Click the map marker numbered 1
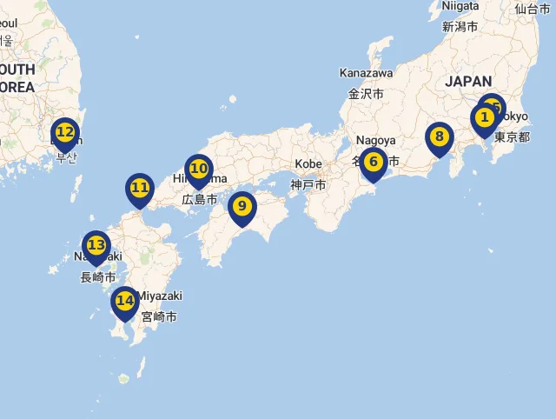click(x=485, y=117)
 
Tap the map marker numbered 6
click(x=374, y=162)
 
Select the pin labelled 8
click(x=440, y=136)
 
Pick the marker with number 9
click(x=242, y=206)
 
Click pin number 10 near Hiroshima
click(x=199, y=169)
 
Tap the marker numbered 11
click(x=140, y=188)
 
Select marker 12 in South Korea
click(x=64, y=132)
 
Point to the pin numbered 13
click(x=96, y=245)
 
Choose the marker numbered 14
click(x=125, y=301)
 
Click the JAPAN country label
click(x=468, y=81)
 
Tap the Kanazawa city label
click(x=366, y=73)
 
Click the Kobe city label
click(x=308, y=163)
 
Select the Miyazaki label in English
click(x=162, y=296)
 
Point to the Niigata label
click(x=460, y=6)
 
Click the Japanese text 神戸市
click(x=308, y=185)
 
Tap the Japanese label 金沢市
click(x=366, y=94)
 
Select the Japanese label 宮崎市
click(x=159, y=317)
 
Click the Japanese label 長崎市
click(x=98, y=277)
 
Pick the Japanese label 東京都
click(x=512, y=137)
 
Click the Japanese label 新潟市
click(x=460, y=27)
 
